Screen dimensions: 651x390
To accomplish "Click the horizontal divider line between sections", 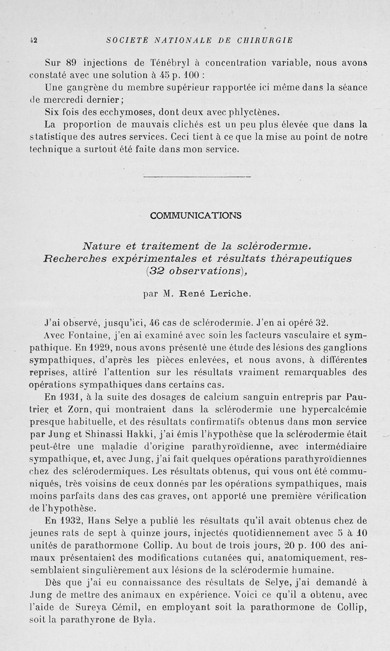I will pyautogui.click(x=197, y=176).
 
